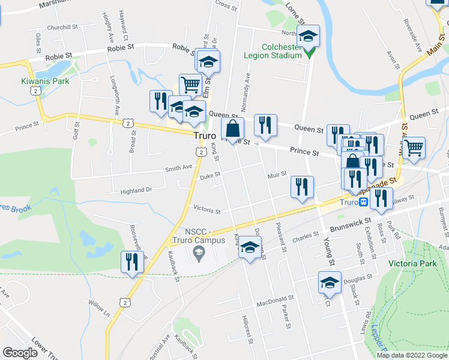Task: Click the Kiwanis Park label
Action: click(44, 81)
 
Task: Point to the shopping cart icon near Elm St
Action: click(190, 84)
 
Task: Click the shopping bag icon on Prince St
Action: click(232, 128)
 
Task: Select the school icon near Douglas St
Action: click(330, 281)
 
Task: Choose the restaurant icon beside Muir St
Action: click(302, 186)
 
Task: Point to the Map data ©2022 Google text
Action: click(411, 355)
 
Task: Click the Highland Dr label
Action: click(136, 190)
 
